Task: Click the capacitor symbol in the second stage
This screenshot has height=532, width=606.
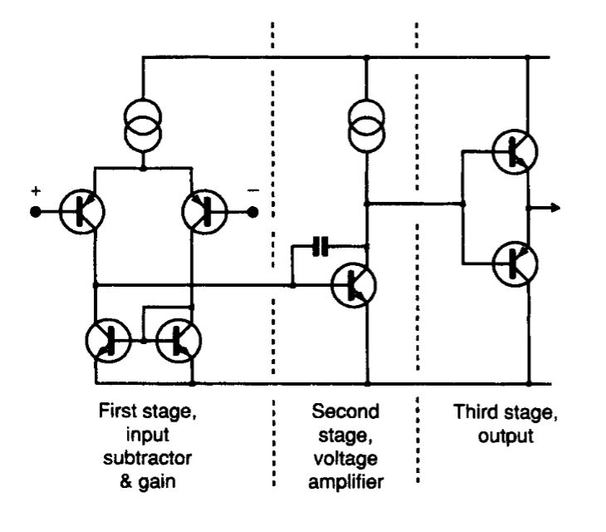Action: coord(320,246)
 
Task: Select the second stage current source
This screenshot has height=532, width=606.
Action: coord(365,124)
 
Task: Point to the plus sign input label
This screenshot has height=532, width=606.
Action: coord(36,191)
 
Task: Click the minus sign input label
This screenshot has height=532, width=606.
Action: coord(253,191)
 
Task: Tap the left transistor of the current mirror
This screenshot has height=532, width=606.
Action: coord(108,340)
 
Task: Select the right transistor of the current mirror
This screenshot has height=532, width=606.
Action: coord(179,340)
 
